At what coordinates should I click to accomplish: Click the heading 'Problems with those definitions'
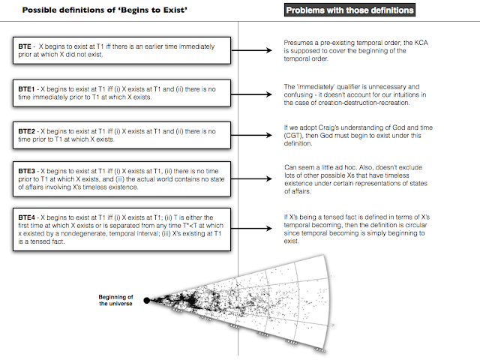tap(350, 11)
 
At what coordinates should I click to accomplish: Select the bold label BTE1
tap(25, 88)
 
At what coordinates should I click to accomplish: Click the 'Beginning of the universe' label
tap(116, 300)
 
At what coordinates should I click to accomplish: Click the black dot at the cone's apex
tap(146, 300)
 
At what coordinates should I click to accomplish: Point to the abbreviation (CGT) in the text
tap(294, 137)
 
